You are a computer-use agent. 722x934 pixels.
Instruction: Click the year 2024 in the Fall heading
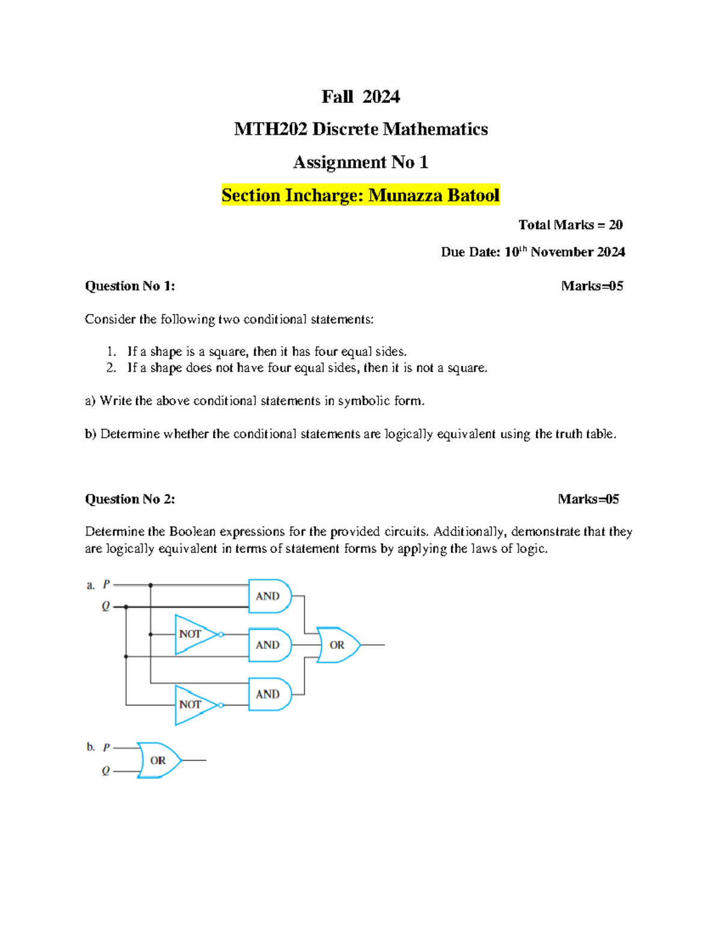coord(381,96)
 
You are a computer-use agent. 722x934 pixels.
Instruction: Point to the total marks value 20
coord(616,225)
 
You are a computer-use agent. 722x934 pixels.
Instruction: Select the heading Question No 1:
coord(130,286)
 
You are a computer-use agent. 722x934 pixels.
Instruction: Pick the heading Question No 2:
coord(130,499)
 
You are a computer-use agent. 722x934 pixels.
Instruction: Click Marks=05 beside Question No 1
coord(592,286)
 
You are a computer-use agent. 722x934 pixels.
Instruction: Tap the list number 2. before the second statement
coord(111,368)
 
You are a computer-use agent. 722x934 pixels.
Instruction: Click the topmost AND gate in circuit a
coord(268,596)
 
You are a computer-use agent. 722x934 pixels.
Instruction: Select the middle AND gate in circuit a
coord(268,645)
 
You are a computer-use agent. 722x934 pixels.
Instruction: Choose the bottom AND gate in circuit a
coord(268,694)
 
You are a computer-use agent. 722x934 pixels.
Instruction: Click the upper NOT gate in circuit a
coord(192,634)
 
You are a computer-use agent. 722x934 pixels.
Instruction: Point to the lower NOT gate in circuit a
coord(192,704)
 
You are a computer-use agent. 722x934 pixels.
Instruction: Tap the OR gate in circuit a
coord(338,645)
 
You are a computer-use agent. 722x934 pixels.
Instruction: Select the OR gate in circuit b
coord(158,760)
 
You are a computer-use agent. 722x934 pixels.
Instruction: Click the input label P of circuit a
coord(106,585)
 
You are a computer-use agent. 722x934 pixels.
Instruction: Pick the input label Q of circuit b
coord(106,771)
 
